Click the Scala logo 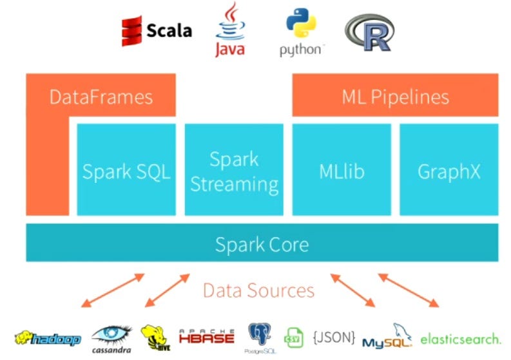coord(157,30)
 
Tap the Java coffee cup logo coord(230,30)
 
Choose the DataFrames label coord(101,97)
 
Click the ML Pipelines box coord(395,97)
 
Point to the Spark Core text coord(262,244)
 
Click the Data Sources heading coord(258,290)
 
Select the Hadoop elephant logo coord(48,338)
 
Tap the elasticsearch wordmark coord(460,337)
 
